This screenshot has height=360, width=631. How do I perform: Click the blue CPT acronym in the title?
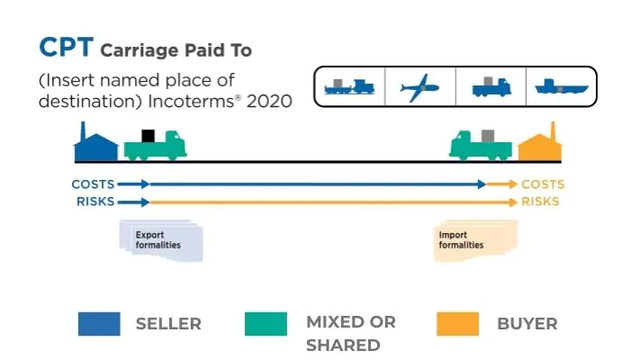coord(67,47)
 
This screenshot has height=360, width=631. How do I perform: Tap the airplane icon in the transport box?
coord(419,87)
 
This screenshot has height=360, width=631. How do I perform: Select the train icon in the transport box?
coord(349,86)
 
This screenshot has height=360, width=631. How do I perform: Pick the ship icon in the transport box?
coord(562,86)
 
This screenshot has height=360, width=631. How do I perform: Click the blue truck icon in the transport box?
coord(491,86)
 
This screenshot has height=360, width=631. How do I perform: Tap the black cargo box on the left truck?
coord(149,136)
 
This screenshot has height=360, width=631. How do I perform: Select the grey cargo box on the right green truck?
coord(488,136)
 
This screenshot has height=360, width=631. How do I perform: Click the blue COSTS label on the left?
coord(93,184)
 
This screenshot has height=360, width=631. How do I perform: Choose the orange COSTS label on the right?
coord(543,184)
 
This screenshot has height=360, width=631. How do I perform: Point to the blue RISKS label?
coord(95,202)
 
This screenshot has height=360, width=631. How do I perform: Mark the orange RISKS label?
coord(540,202)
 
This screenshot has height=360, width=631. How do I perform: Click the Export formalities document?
coord(161,240)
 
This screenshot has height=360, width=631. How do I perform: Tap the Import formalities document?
coord(475,240)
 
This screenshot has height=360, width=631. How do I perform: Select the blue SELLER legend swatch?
coord(99,324)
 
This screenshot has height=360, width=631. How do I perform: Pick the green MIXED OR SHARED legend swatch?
coord(266,324)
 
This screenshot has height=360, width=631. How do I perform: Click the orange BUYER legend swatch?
coord(458,324)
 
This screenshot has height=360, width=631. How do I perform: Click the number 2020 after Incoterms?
coord(269,102)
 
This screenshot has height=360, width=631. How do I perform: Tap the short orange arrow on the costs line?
coord(501,184)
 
